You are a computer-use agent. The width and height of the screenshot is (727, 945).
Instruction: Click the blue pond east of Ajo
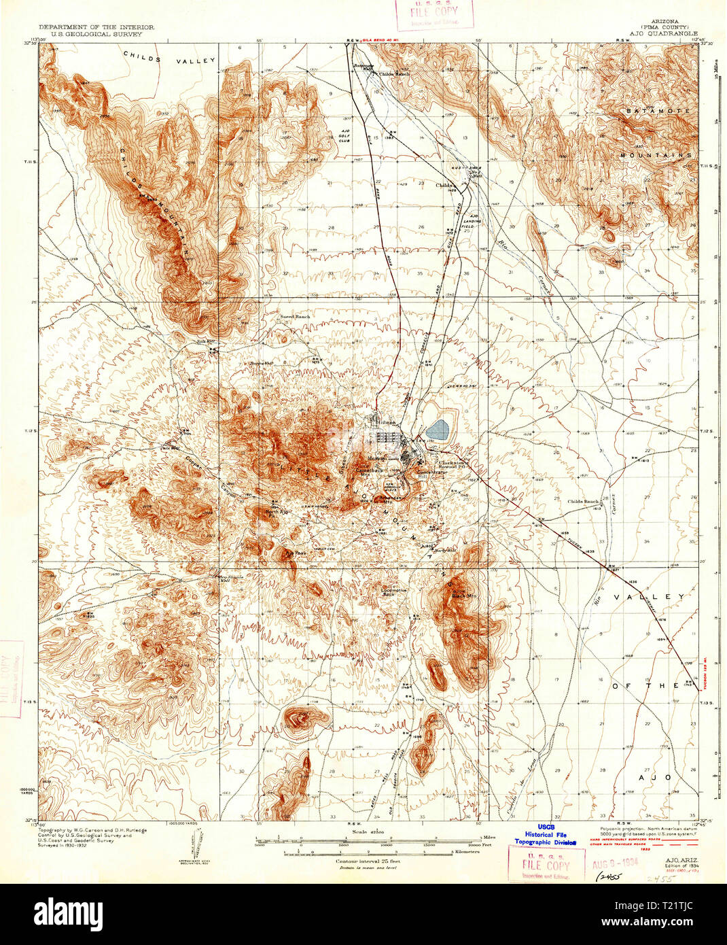point(438,429)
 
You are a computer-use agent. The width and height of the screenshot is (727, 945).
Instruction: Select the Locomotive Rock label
point(395,593)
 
